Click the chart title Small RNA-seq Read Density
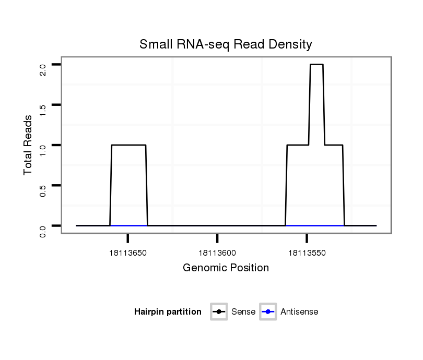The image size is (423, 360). (226, 44)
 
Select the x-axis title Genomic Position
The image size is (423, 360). (226, 268)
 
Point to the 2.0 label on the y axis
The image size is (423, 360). (42, 69)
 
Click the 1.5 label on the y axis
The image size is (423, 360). (42, 110)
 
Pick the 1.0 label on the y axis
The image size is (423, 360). (42, 150)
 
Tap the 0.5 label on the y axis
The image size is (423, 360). (42, 190)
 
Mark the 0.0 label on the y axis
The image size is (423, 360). (42, 230)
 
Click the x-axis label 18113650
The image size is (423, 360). (127, 253)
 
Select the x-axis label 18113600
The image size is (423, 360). (217, 253)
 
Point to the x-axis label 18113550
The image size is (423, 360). (307, 253)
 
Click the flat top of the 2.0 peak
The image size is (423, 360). (316, 64)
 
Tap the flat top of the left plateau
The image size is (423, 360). (128, 145)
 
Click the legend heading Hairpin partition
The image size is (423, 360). (168, 312)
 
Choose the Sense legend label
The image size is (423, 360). (244, 312)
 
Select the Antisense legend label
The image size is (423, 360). (299, 312)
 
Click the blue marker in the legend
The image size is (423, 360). (268, 312)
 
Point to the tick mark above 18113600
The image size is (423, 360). (217, 238)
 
